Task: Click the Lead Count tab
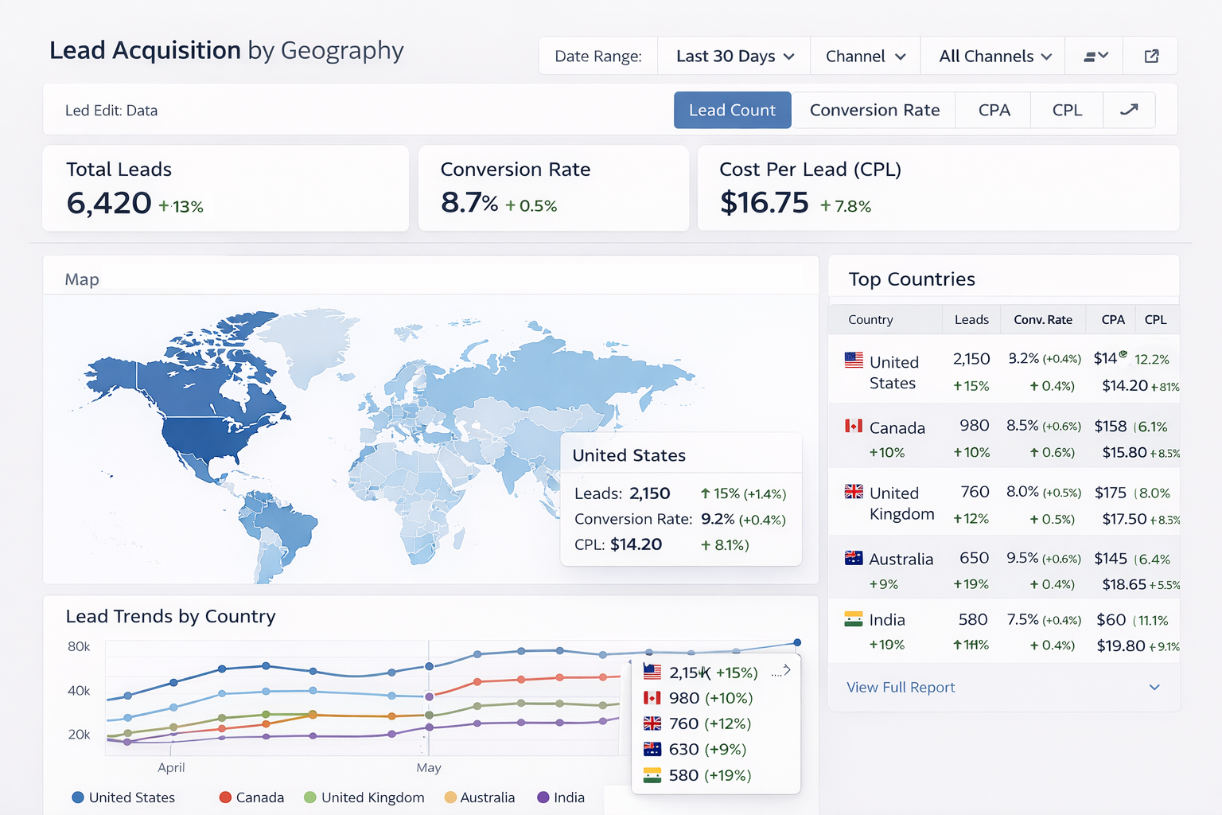point(732,110)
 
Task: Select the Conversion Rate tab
point(874,110)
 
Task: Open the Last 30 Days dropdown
point(734,57)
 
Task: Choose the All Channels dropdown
point(994,57)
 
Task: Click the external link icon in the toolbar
point(1151,57)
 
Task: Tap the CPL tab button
point(1067,110)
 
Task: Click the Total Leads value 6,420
point(109,203)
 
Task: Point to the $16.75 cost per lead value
point(764,203)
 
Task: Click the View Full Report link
point(901,687)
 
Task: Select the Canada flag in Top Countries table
point(854,427)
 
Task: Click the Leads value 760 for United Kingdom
point(975,492)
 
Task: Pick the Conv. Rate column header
point(1042,320)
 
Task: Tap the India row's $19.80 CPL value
point(1120,645)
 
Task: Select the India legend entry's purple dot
point(543,797)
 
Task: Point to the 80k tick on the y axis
point(79,646)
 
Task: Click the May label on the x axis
point(428,767)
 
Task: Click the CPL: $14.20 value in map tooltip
point(636,544)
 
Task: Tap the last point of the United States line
point(797,642)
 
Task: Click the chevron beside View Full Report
point(1154,687)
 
